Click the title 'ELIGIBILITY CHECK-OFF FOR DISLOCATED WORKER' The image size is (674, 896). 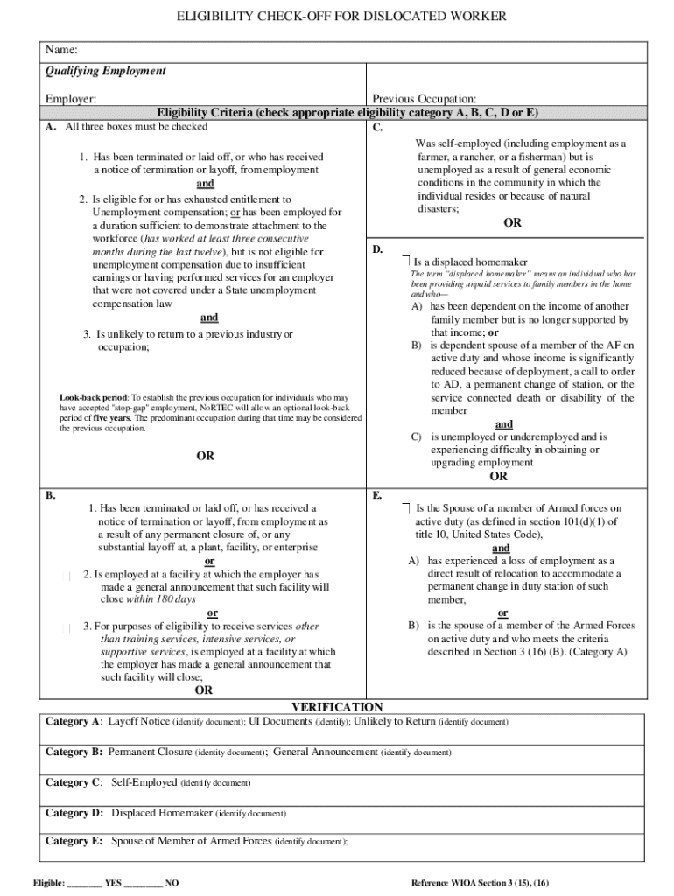(x=336, y=17)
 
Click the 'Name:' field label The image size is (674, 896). (x=62, y=49)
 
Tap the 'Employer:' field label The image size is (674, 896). (x=71, y=100)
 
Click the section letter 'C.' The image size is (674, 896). (x=377, y=128)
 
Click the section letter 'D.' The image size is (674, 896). (x=377, y=249)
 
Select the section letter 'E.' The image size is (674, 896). (x=376, y=495)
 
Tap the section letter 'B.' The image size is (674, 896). (x=51, y=495)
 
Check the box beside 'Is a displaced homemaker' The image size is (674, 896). (x=406, y=261)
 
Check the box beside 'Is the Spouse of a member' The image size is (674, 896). (x=406, y=507)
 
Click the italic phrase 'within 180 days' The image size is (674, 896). (x=160, y=599)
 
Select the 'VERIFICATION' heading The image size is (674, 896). (x=336, y=707)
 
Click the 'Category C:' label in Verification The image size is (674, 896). (x=74, y=782)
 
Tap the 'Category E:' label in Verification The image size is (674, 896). (x=74, y=841)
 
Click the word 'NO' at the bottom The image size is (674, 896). (x=172, y=884)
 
